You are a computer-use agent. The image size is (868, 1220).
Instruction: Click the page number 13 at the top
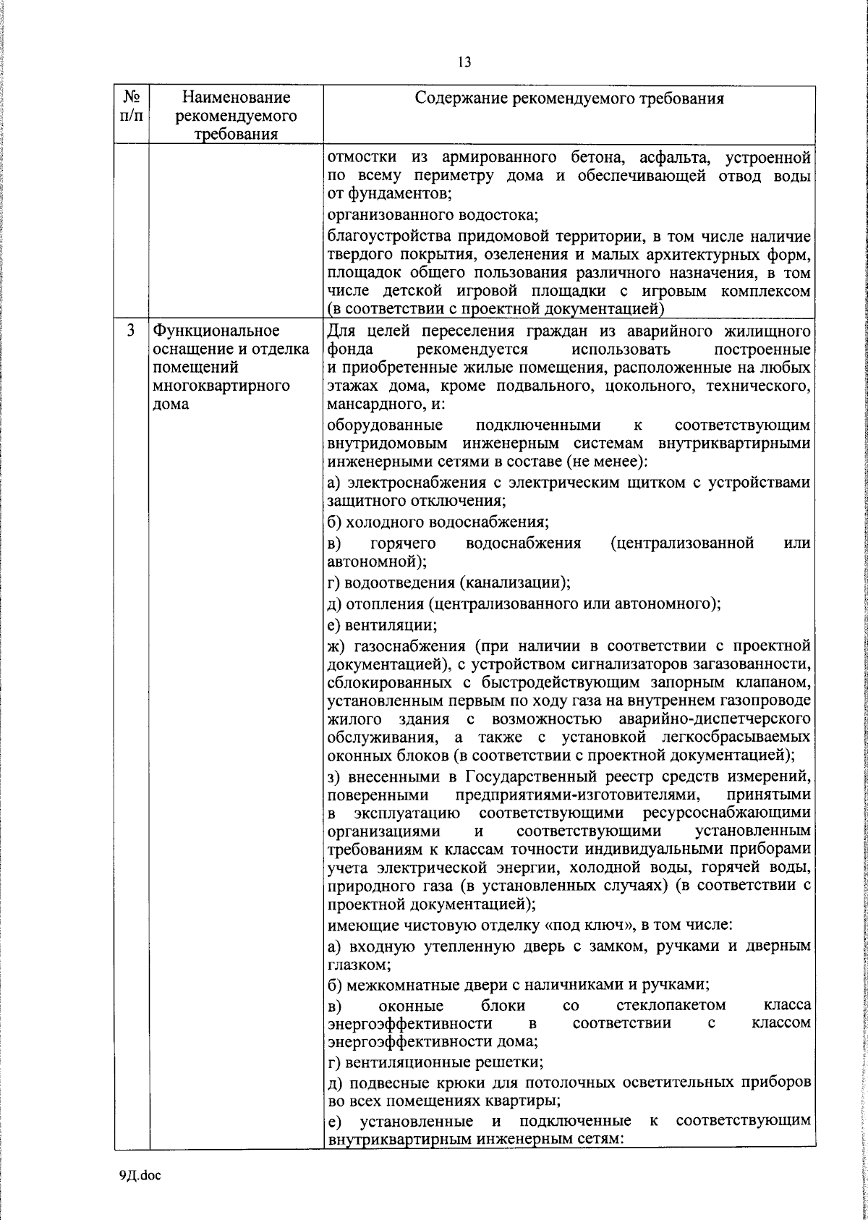click(x=464, y=62)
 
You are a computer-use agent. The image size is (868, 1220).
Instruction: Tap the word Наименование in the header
click(x=236, y=97)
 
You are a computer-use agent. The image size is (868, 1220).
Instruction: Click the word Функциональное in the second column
click(x=216, y=331)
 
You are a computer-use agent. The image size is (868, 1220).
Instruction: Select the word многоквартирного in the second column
click(x=221, y=386)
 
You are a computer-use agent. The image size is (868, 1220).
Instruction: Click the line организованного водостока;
click(x=433, y=214)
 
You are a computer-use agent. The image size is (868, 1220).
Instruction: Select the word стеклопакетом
click(x=671, y=1006)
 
